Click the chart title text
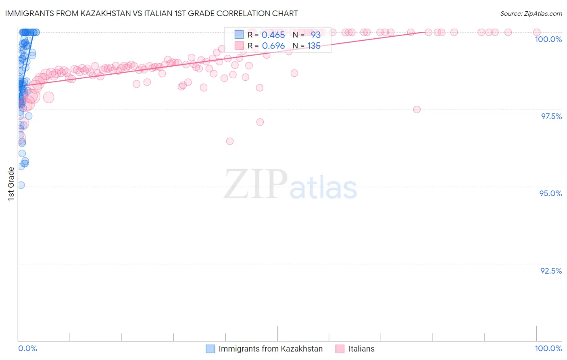(152, 14)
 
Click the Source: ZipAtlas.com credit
(531, 14)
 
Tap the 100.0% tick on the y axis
(548, 39)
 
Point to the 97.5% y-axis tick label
(551, 116)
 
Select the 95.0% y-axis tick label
(550, 193)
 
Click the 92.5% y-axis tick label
(551, 271)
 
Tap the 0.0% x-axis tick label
(27, 348)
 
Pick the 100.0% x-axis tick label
(548, 348)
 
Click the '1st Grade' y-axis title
(11, 184)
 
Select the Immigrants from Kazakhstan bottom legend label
(271, 349)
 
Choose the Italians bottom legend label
(361, 349)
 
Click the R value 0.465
(273, 35)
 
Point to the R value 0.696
(273, 46)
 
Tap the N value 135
(314, 46)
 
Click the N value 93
(315, 35)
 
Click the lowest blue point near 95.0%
(21, 185)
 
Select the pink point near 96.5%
(230, 141)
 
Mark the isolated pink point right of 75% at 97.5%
(417, 109)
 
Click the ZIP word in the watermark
(256, 184)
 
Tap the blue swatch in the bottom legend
(210, 349)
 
